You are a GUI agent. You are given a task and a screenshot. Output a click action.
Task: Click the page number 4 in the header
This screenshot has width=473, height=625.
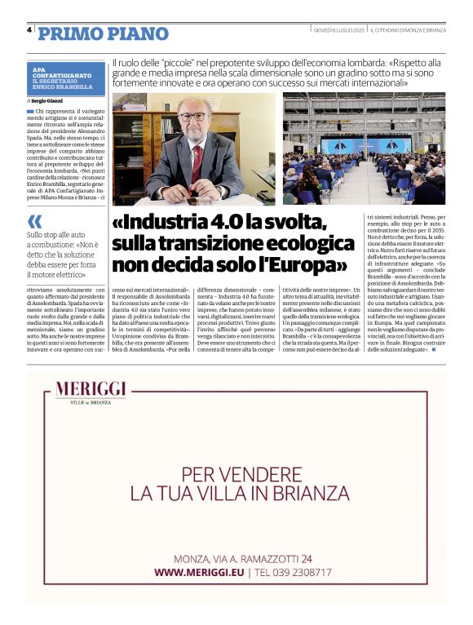click(x=29, y=30)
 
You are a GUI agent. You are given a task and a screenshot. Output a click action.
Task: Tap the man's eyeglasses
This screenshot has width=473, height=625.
click(x=194, y=116)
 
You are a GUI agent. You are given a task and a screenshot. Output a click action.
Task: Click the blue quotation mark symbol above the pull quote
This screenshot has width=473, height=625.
click(x=34, y=222)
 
